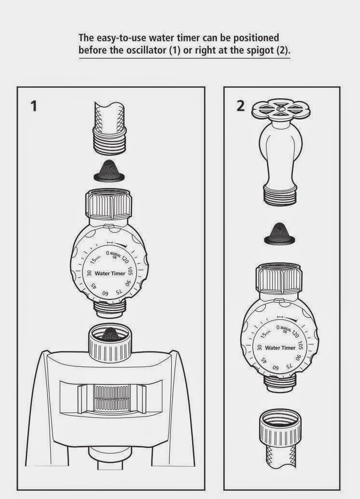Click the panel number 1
[x=33, y=106]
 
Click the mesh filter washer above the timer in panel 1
[x=111, y=170]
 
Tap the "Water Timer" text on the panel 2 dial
[x=280, y=348]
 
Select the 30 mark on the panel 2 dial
[x=260, y=347]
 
